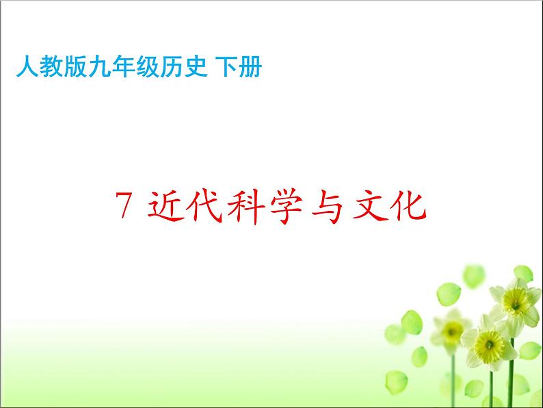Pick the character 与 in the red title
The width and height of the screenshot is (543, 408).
point(335,205)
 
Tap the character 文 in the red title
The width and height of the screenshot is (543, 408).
point(378,205)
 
